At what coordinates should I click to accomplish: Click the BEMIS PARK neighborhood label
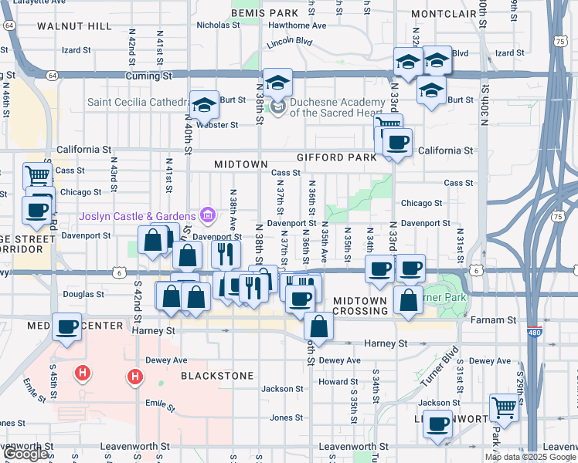264,13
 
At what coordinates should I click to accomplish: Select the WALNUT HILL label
74,26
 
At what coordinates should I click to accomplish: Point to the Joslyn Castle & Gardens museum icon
206,214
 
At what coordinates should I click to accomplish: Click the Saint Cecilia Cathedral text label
138,102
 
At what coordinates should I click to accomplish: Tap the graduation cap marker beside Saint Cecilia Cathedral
205,106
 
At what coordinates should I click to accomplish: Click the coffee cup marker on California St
397,143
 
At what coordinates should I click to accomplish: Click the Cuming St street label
148,76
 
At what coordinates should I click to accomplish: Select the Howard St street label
338,381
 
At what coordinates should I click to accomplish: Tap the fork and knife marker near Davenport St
225,252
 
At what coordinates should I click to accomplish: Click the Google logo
25,454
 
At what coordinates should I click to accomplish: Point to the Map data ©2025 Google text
530,457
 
